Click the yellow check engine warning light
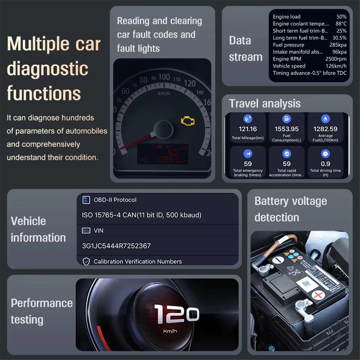pyautogui.click(x=188, y=121)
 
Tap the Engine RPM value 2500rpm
pyautogui.click(x=336, y=59)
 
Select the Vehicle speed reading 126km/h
pyautogui.click(x=336, y=66)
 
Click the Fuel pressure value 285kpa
pyautogui.click(x=338, y=45)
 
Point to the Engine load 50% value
pyautogui.click(x=341, y=17)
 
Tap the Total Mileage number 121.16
pyautogui.click(x=248, y=129)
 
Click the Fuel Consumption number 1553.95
pyautogui.click(x=286, y=129)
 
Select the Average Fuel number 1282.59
pyautogui.click(x=325, y=129)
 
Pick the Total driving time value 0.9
pyautogui.click(x=325, y=164)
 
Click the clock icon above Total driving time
pyautogui.click(x=325, y=154)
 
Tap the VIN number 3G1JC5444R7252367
pyautogui.click(x=116, y=246)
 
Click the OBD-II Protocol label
pyautogui.click(x=115, y=200)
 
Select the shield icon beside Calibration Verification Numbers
pyautogui.click(x=86, y=262)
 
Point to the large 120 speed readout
pyautogui.click(x=176, y=314)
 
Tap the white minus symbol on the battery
pyautogui.click(x=278, y=259)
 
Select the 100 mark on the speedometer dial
pyautogui.click(x=164, y=77)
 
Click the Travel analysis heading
pyautogui.click(x=265, y=104)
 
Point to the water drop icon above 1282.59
pyautogui.click(x=325, y=119)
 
